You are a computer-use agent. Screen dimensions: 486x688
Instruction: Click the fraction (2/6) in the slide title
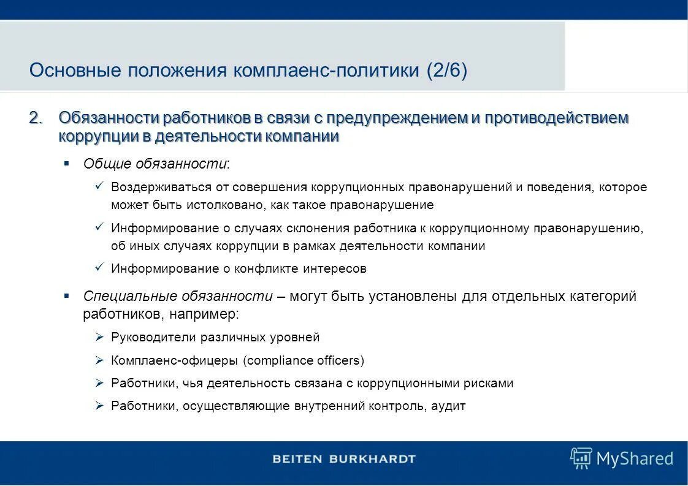[x=446, y=70]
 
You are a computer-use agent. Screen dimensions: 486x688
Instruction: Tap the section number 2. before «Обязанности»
[x=37, y=118]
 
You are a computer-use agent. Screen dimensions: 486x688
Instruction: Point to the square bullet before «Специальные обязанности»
[x=67, y=295]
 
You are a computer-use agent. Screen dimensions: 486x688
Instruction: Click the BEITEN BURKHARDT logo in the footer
[x=344, y=458]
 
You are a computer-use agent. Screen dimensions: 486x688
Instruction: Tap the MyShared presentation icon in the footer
[x=580, y=458]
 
